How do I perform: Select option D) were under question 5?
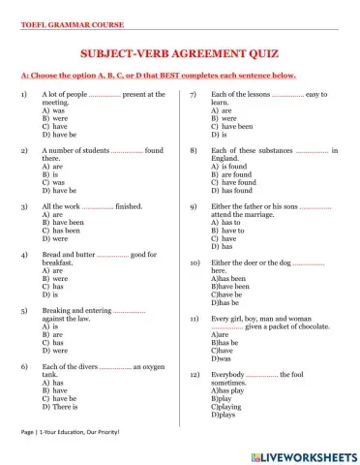click(55, 350)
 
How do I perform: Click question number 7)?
click(193, 95)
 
